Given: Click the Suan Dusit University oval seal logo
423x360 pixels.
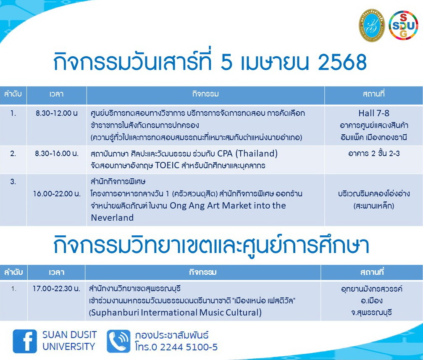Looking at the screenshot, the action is coord(371,25).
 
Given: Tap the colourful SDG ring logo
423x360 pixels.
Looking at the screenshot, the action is coord(403,25).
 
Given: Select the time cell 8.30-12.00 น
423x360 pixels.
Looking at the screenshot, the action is coord(57,113).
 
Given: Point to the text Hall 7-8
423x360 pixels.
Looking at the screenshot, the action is coord(373,113).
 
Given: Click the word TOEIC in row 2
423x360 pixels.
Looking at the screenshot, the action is coord(167,165).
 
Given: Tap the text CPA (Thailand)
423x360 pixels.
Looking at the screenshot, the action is coord(247,153).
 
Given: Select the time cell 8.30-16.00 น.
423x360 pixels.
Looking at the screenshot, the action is coord(57,154).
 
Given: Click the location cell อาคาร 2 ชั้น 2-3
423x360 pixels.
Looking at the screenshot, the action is coord(373,154).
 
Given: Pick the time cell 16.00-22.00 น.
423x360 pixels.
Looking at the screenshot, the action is coord(57,194).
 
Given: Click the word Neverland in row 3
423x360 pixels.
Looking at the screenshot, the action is coord(112,217).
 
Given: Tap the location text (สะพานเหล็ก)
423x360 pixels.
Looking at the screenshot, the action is coord(373,206).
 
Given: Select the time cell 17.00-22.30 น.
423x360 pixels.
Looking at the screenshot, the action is coord(56,289).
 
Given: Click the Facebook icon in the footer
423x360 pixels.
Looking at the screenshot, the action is coord(25,341).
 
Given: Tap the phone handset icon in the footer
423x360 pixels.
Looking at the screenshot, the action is coord(118,341).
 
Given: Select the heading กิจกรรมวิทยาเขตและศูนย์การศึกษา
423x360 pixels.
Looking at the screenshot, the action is coord(211,246).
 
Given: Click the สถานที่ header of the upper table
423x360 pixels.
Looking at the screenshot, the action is coord(373,94).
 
